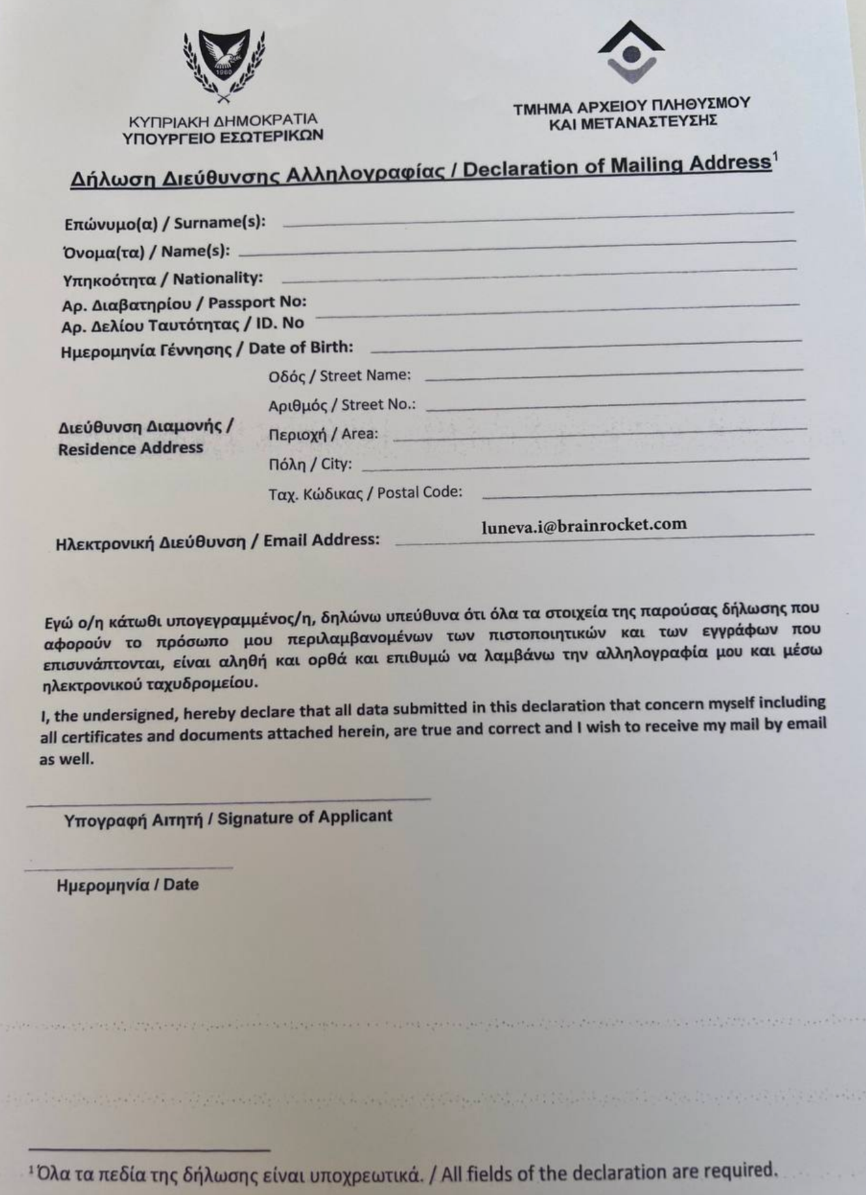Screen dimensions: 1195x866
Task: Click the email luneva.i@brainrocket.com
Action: [x=584, y=525]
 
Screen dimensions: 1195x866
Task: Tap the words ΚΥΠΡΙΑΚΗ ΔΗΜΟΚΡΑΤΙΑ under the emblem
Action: [x=223, y=121]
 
